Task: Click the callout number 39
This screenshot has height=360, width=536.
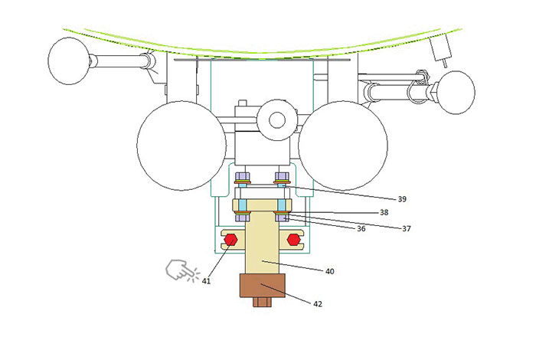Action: (402, 199)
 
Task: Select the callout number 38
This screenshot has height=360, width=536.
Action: (384, 212)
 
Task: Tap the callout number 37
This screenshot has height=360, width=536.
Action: (407, 228)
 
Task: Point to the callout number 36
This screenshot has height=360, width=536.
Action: (361, 228)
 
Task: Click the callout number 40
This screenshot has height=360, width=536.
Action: (329, 271)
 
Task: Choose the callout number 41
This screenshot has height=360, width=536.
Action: (206, 280)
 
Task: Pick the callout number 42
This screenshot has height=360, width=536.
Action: (318, 303)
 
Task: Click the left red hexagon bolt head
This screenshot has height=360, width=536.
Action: (230, 240)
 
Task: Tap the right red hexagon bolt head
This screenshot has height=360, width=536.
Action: (293, 240)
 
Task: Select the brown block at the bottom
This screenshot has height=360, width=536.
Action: (263, 286)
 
